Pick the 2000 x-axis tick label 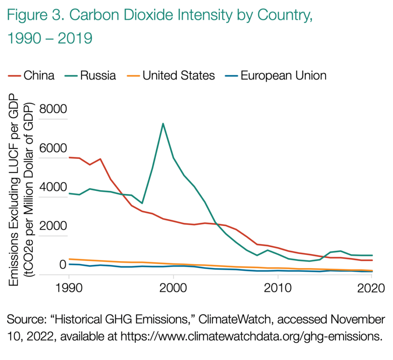pyautogui.click(x=173, y=288)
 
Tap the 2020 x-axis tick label pyautogui.click(x=372, y=288)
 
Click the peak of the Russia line pyautogui.click(x=163, y=123)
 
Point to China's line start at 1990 pyautogui.click(x=69, y=158)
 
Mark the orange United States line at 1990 pyautogui.click(x=69, y=259)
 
